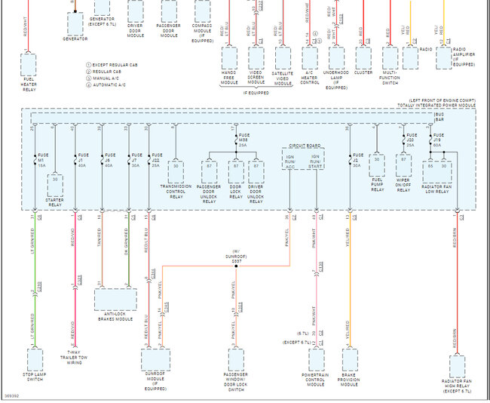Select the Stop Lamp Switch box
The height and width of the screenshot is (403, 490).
pos(35,358)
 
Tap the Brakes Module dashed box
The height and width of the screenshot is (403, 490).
pos(115,299)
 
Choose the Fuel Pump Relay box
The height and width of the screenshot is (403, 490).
pos(377,166)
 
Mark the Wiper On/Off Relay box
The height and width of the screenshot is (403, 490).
pos(403,166)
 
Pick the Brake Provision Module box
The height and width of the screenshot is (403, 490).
pos(349,358)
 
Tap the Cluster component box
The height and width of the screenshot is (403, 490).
pos(363,57)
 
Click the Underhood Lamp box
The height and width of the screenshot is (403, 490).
pos(336,57)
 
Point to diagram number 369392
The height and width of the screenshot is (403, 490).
pos(11,395)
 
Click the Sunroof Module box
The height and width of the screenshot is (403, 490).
pos(155,359)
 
